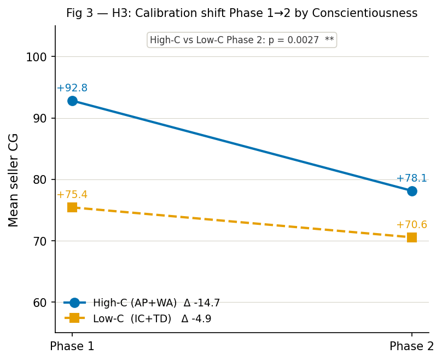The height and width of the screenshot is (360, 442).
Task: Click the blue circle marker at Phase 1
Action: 72,101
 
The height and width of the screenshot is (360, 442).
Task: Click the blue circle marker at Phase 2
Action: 412,191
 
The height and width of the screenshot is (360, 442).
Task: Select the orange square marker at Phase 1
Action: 72,207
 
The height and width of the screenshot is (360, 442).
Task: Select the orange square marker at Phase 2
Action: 412,237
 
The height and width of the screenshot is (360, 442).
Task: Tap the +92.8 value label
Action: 72,88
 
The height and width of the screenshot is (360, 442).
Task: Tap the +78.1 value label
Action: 411,178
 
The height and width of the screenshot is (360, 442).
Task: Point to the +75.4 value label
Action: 72,195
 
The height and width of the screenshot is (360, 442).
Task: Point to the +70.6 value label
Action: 411,225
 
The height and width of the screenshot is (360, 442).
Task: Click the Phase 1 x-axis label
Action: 72,346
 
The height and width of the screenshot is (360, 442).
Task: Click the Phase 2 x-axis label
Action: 411,346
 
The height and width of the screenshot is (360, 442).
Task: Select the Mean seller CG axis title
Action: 14,179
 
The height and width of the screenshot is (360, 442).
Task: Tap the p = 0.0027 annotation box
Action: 241,40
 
